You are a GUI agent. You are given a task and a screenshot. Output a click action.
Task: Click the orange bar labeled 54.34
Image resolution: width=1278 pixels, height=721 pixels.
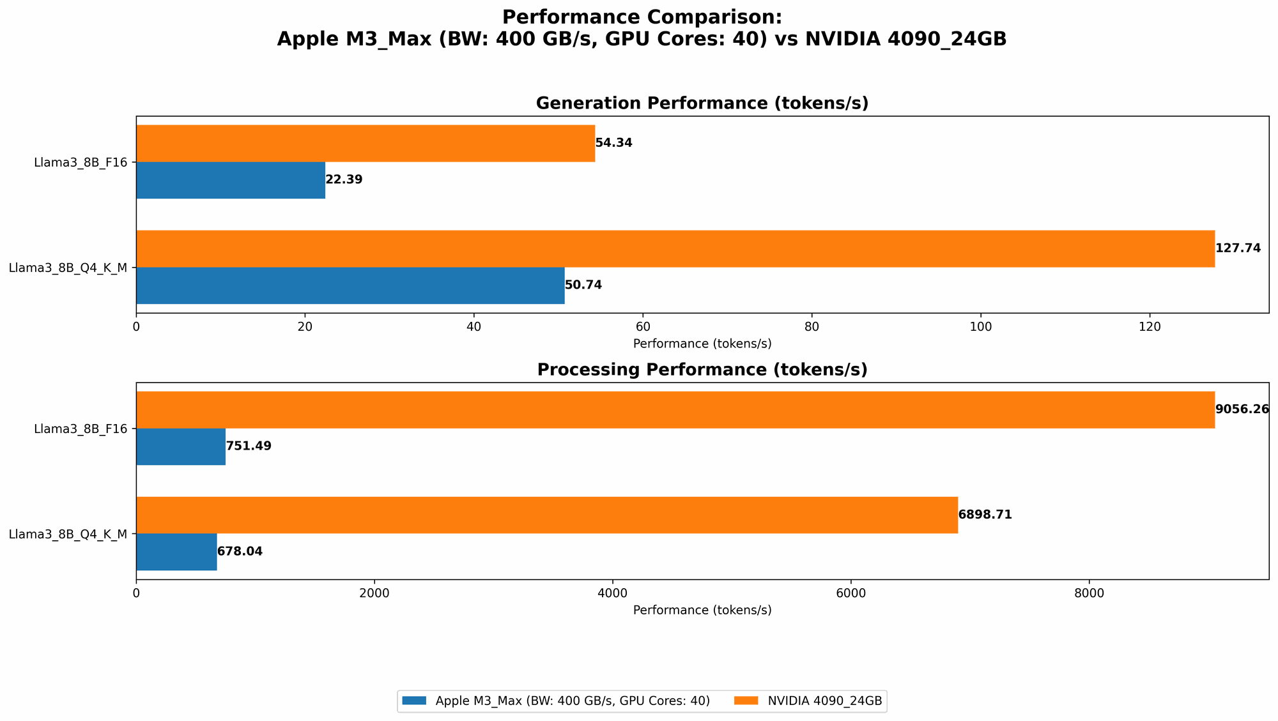[366, 143]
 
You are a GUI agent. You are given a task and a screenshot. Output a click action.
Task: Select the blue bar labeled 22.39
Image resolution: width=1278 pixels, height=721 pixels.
[231, 180]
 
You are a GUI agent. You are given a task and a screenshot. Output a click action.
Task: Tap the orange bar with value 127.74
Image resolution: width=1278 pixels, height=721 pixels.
[675, 248]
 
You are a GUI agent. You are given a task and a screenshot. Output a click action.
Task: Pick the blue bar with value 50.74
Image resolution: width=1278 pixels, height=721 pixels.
[350, 285]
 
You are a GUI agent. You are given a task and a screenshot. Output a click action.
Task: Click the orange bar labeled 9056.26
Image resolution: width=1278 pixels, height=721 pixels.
[675, 409]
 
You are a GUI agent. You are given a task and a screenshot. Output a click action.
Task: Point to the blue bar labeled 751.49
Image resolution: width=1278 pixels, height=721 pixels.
[181, 446]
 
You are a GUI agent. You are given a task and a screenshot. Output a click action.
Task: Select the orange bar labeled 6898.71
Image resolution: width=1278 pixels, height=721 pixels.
[547, 515]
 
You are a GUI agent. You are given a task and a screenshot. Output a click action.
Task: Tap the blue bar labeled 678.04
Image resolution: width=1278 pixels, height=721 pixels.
[176, 552]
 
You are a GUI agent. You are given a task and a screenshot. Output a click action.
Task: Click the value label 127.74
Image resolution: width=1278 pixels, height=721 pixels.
[1238, 248]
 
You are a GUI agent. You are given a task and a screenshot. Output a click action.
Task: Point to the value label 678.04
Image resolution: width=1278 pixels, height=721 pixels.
[240, 552]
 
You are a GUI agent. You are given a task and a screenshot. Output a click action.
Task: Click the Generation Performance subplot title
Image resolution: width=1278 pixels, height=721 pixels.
[702, 103]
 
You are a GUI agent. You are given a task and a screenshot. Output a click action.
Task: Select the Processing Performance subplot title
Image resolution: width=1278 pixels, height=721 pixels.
[702, 370]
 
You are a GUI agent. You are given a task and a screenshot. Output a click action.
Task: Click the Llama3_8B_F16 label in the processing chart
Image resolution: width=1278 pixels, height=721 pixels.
[81, 429]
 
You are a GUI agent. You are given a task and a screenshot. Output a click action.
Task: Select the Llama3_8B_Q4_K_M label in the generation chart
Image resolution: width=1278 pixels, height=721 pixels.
[68, 268]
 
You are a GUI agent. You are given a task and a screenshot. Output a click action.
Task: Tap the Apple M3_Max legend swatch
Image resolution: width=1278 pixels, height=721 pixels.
[414, 701]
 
